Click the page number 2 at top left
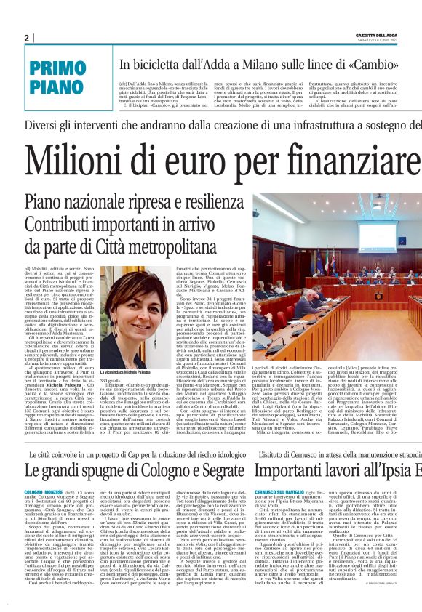point(27,38)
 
